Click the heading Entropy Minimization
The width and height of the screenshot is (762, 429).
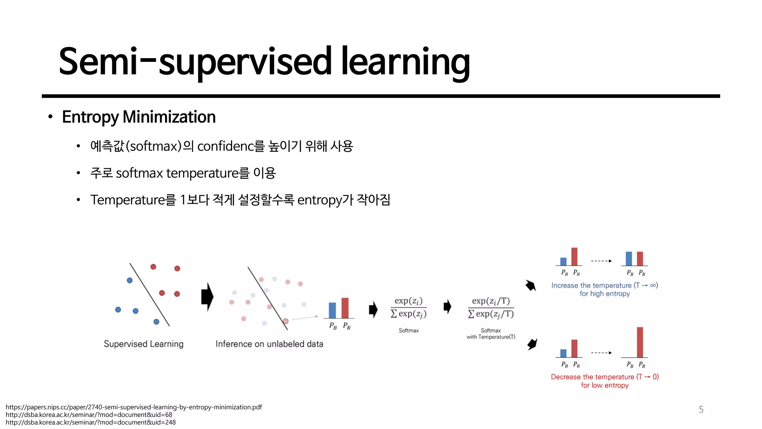138,117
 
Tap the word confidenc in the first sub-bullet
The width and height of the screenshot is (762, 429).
225,146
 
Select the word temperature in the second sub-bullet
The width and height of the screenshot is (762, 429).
202,173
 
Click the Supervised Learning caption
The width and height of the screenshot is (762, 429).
144,344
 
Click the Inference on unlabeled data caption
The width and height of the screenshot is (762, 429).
269,344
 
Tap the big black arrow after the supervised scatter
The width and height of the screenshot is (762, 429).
207,297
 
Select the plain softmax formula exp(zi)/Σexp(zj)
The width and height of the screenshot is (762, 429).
409,308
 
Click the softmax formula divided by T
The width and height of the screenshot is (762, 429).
491,308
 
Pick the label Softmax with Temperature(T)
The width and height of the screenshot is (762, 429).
491,333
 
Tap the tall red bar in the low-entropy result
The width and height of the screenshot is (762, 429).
640,342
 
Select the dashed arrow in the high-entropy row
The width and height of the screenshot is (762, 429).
601,261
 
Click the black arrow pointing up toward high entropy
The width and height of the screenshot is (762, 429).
531,286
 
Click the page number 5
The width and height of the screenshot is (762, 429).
701,410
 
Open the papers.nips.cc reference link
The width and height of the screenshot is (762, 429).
134,407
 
